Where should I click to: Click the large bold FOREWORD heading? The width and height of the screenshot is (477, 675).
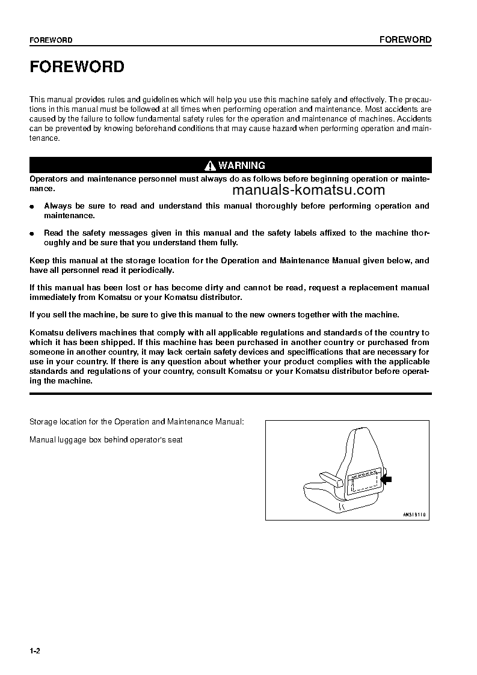tap(77, 67)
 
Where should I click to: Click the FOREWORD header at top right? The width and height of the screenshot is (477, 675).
tap(405, 40)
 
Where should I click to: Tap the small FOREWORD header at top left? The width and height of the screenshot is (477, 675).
tap(51, 40)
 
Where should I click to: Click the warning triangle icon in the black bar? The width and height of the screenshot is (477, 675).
tap(210, 165)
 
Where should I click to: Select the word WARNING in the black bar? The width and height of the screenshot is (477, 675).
tap(242, 165)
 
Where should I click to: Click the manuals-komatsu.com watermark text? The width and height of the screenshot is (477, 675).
tap(307, 191)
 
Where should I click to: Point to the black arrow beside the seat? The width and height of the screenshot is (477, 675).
tap(386, 479)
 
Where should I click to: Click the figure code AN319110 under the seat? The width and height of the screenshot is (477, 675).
tap(414, 515)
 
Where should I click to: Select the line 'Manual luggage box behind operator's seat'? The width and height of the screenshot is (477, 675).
tap(106, 440)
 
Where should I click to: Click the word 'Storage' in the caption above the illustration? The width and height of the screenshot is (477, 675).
tap(43, 422)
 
